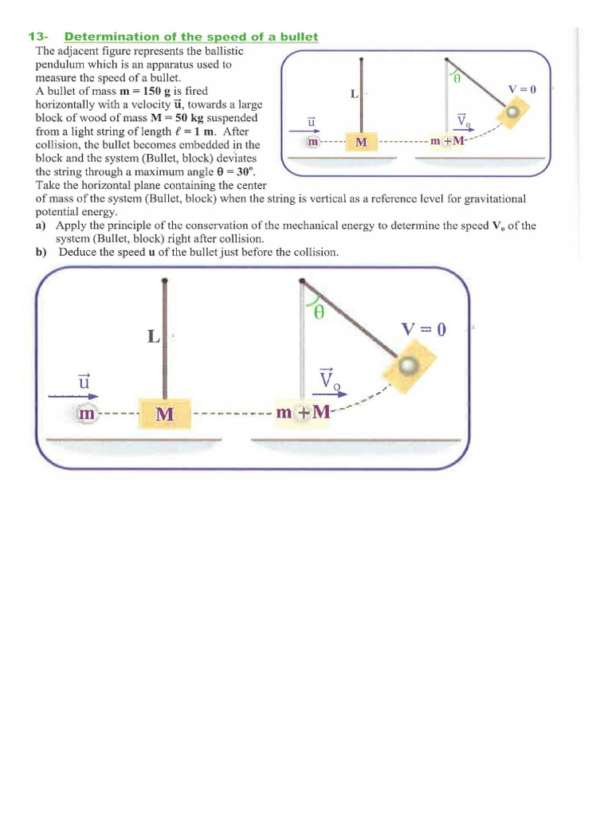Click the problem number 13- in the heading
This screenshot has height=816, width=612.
(x=39, y=37)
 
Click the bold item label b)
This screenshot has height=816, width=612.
(x=41, y=253)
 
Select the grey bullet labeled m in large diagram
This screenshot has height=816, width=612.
(x=87, y=414)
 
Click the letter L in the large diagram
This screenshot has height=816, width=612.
(x=153, y=336)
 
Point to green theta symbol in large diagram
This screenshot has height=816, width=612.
(x=319, y=313)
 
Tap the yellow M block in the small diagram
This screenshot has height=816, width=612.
(x=361, y=142)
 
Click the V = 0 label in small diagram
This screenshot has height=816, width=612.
(x=523, y=90)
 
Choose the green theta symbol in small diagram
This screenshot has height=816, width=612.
(x=457, y=80)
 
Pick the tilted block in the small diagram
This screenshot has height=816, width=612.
(x=511, y=115)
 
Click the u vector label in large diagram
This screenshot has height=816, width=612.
(x=82, y=382)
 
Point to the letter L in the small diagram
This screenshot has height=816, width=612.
(x=354, y=93)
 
